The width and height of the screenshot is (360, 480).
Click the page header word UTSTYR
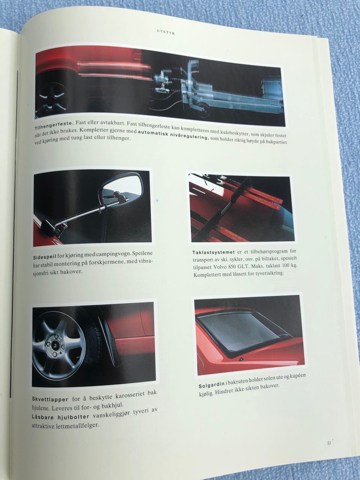pyautogui.click(x=166, y=33)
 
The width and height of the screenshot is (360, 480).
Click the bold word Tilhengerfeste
pyautogui.click(x=53, y=125)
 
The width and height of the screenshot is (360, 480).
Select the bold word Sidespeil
pyautogui.click(x=45, y=256)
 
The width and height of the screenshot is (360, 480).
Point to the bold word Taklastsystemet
pyautogui.click(x=213, y=252)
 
